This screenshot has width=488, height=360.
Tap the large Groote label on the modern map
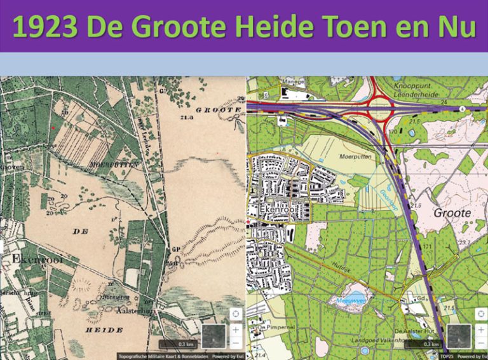pos(452,213)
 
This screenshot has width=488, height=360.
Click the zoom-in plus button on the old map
pos(235,329)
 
